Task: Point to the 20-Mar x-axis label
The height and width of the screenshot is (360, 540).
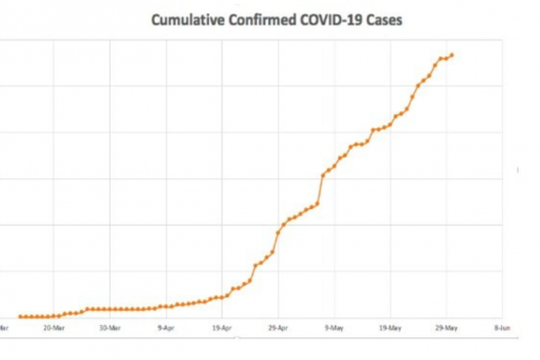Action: pos(54,327)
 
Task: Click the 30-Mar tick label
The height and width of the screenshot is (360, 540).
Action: pos(110,327)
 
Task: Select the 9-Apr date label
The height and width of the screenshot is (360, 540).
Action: pos(167,327)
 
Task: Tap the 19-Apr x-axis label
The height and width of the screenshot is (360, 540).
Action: pos(222,327)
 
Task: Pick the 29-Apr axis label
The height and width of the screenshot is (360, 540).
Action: pos(278,327)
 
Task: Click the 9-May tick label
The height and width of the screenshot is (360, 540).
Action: pos(335,327)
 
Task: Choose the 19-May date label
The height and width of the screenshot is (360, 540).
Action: pos(390,327)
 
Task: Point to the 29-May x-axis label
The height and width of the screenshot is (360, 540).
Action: pos(447,327)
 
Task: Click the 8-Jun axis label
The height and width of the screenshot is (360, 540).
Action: pos(502,327)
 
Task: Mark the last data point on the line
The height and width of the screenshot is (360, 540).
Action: pos(452,55)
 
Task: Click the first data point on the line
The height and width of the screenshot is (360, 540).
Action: pos(20,316)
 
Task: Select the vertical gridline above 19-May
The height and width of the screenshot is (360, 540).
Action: pos(390,193)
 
